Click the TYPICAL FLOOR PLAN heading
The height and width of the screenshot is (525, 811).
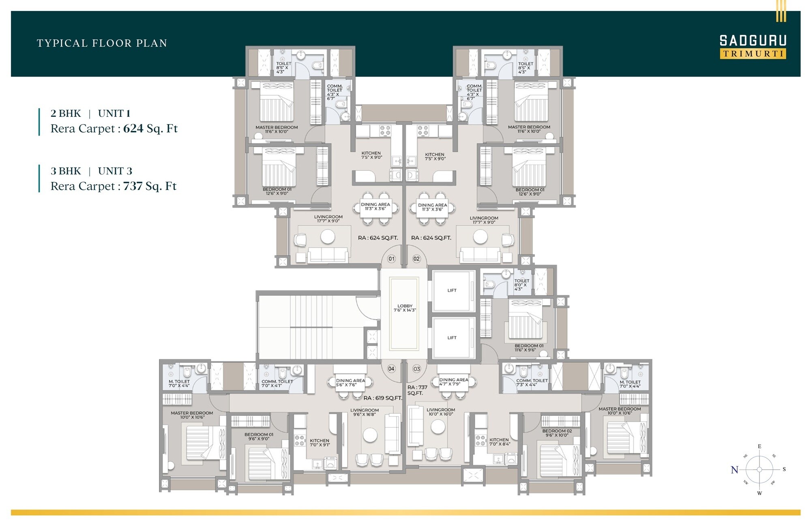[x=102, y=43]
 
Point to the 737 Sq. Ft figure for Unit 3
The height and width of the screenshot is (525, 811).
[x=149, y=186]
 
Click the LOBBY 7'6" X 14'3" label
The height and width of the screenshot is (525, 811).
[x=405, y=308]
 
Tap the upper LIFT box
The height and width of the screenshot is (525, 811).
[x=452, y=290]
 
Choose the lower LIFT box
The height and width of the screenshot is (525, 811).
[x=452, y=338]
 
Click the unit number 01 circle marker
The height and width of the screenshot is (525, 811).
[x=391, y=259]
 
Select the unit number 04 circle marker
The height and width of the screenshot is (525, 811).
[x=391, y=369]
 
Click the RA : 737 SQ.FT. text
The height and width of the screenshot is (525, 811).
[x=417, y=390]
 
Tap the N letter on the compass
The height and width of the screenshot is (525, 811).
[x=734, y=470]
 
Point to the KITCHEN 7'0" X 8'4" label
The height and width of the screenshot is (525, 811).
[x=499, y=442]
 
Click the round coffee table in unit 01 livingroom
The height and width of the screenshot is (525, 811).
[x=328, y=237]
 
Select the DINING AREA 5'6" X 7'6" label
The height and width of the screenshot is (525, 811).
[x=350, y=383]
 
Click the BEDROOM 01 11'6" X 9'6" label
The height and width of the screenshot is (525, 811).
[x=528, y=348]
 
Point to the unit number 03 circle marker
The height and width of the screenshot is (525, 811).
[x=416, y=369]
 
